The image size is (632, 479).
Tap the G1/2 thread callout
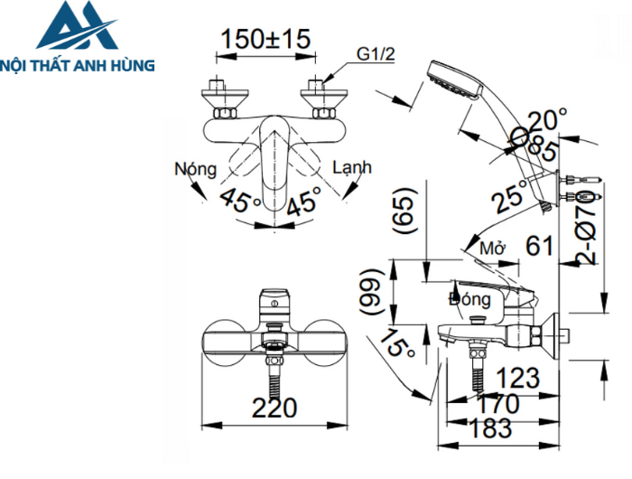coord(376,55)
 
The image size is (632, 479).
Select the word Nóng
coord(196,169)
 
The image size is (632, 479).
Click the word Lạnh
coord(351,168)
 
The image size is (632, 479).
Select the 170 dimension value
coord(497,403)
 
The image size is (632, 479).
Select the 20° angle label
coord(548,120)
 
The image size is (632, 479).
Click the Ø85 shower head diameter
coord(533,144)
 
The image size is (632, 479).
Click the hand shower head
coord(453,80)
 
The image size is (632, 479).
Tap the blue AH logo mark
coord(76,28)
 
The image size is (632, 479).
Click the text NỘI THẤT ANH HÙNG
coord(79,65)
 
